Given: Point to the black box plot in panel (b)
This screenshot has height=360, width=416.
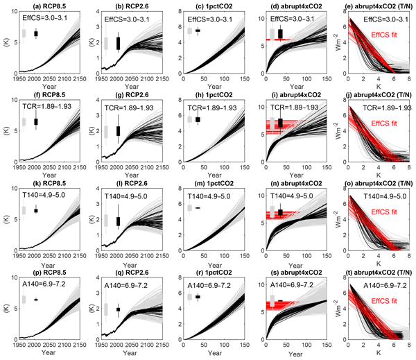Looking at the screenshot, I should pos(118,42).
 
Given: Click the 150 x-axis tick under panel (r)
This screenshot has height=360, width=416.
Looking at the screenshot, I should pos(242,344).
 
